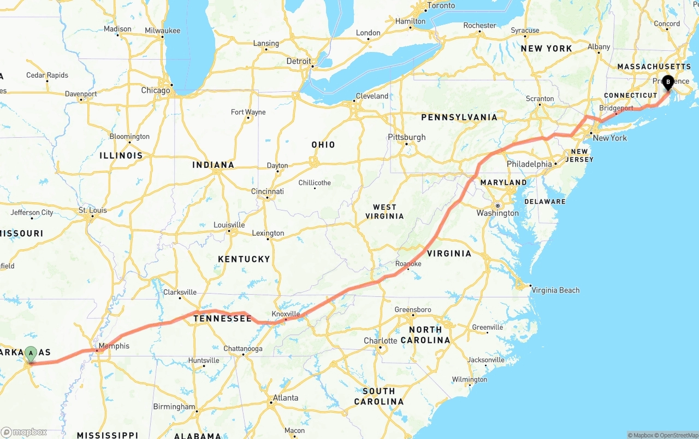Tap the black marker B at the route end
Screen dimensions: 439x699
668,83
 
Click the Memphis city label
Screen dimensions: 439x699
114,346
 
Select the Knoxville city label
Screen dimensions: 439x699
286,314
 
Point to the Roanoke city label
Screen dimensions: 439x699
408,264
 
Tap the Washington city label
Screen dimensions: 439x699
497,213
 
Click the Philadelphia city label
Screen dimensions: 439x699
529,164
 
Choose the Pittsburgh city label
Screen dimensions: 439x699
406,137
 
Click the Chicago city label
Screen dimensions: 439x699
155,90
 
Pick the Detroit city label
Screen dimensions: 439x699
299,61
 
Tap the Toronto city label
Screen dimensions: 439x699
441,5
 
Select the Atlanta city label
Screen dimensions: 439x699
286,398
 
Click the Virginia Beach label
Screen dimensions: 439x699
555,290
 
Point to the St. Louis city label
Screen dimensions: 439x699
92,210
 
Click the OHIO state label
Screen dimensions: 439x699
323,145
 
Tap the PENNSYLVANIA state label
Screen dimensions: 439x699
459,118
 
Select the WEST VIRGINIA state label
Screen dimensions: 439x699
384,212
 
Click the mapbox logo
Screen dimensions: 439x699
24,432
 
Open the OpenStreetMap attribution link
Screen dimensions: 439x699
677,435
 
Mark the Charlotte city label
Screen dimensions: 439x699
381,341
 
